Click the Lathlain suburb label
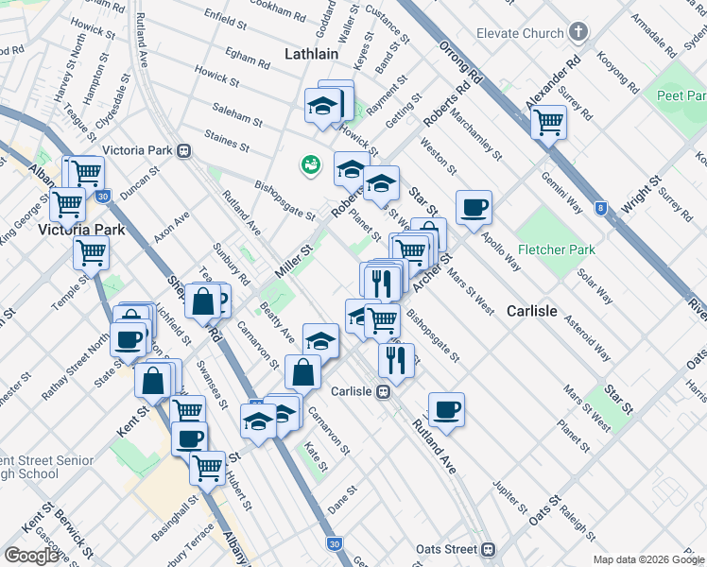311,54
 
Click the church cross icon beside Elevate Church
578,33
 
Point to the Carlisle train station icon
385,391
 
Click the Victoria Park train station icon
185,150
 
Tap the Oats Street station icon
489,549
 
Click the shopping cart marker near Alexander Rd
548,121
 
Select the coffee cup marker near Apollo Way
474,206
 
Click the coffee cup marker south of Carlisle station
446,409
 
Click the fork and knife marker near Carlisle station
395,358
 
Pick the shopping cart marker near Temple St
91,251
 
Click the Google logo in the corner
31,555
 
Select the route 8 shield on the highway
601,208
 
